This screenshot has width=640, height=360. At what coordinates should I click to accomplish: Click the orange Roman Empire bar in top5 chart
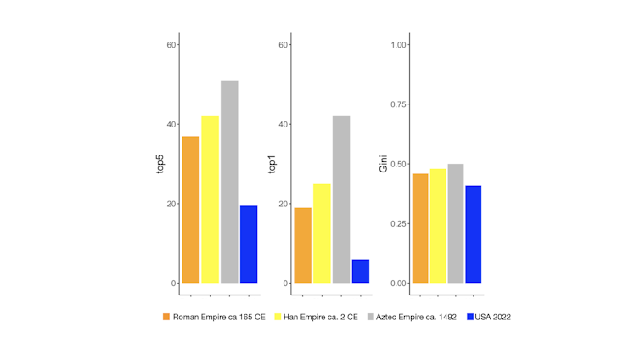pos(190,210)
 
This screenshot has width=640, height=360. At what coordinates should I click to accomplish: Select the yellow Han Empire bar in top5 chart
pos(210,200)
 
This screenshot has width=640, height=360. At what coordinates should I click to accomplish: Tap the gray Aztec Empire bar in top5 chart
pos(229,182)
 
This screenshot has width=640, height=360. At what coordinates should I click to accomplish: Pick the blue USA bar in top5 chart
pos(249,245)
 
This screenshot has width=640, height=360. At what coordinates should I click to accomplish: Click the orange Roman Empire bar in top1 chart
pos(302,245)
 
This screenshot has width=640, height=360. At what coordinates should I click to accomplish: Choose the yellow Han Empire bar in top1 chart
pos(322,233)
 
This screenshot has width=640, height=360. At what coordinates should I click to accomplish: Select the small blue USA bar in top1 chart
pos(361,271)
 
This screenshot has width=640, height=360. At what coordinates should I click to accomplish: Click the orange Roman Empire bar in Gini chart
pos(419,228)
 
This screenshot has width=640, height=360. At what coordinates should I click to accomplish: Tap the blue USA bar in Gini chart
pos(473,234)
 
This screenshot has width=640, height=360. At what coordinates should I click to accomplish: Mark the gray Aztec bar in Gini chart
pos(456,223)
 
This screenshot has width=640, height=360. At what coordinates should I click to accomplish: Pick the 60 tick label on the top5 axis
pos(171,45)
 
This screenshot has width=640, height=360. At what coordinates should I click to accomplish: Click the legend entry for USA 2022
pos(488,317)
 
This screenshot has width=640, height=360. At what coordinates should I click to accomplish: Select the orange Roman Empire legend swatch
pos(166,317)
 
